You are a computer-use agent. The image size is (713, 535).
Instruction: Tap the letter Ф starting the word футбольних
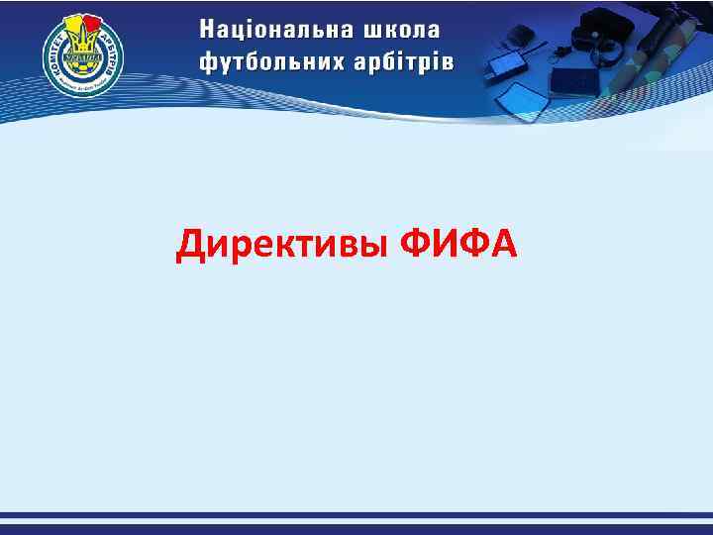click(208, 61)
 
